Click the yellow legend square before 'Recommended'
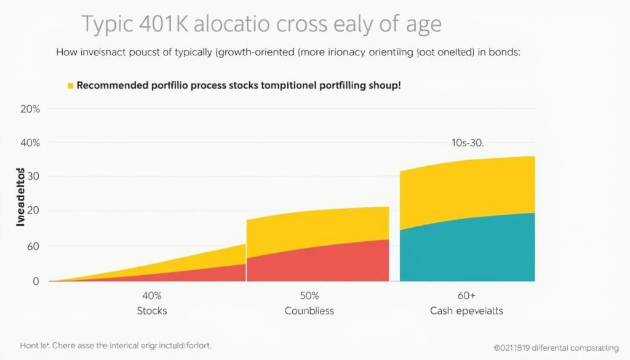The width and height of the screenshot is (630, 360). coord(71,86)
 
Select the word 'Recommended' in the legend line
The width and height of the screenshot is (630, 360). coord(113,86)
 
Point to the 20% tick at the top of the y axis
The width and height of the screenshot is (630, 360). coord(30,110)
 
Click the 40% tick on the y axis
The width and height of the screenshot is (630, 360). coord(30,143)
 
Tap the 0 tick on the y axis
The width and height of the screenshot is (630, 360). coord(36,281)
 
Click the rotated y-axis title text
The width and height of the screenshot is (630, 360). coord(20,196)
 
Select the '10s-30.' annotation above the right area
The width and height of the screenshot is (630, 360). coord(468,143)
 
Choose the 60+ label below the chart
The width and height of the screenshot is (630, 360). coord(466,295)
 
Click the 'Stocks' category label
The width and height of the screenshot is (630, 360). coord(151,311)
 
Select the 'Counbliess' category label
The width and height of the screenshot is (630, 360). coord(309,311)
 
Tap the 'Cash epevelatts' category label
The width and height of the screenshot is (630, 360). coord(466,311)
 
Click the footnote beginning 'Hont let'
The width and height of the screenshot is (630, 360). coord(114,346)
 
